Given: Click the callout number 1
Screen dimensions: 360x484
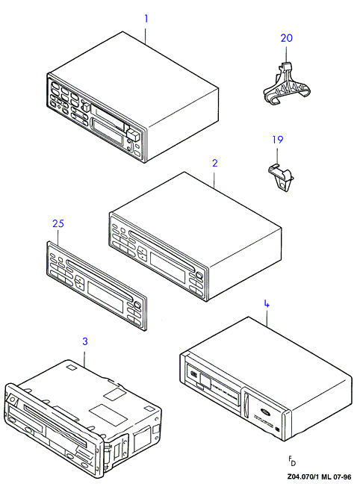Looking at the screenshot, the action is [x=146, y=19].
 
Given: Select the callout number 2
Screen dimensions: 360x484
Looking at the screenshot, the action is [x=215, y=163].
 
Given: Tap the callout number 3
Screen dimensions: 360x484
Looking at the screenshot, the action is [x=85, y=341].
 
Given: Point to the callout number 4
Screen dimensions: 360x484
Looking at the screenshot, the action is [x=267, y=304].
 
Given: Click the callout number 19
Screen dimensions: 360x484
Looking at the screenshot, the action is [x=278, y=140].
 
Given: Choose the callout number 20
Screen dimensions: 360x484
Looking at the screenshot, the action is [x=287, y=38].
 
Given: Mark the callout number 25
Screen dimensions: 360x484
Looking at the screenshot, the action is [x=58, y=223].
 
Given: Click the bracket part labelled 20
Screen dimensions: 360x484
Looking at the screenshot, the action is [x=287, y=85].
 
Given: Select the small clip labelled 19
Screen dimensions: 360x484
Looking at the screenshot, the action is [x=281, y=178].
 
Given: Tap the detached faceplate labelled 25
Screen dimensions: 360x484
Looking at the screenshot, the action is [x=96, y=285].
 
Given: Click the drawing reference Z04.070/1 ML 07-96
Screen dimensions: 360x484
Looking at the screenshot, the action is [x=319, y=477].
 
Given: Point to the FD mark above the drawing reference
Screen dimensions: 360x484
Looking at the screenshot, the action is [x=292, y=461].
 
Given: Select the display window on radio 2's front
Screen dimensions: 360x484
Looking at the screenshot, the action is [x=167, y=263].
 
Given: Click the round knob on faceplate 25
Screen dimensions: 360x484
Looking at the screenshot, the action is [x=137, y=305].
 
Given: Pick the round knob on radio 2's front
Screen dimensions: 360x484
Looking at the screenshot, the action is [x=199, y=275].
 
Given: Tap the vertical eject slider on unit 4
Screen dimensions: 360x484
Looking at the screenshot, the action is [x=246, y=405].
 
